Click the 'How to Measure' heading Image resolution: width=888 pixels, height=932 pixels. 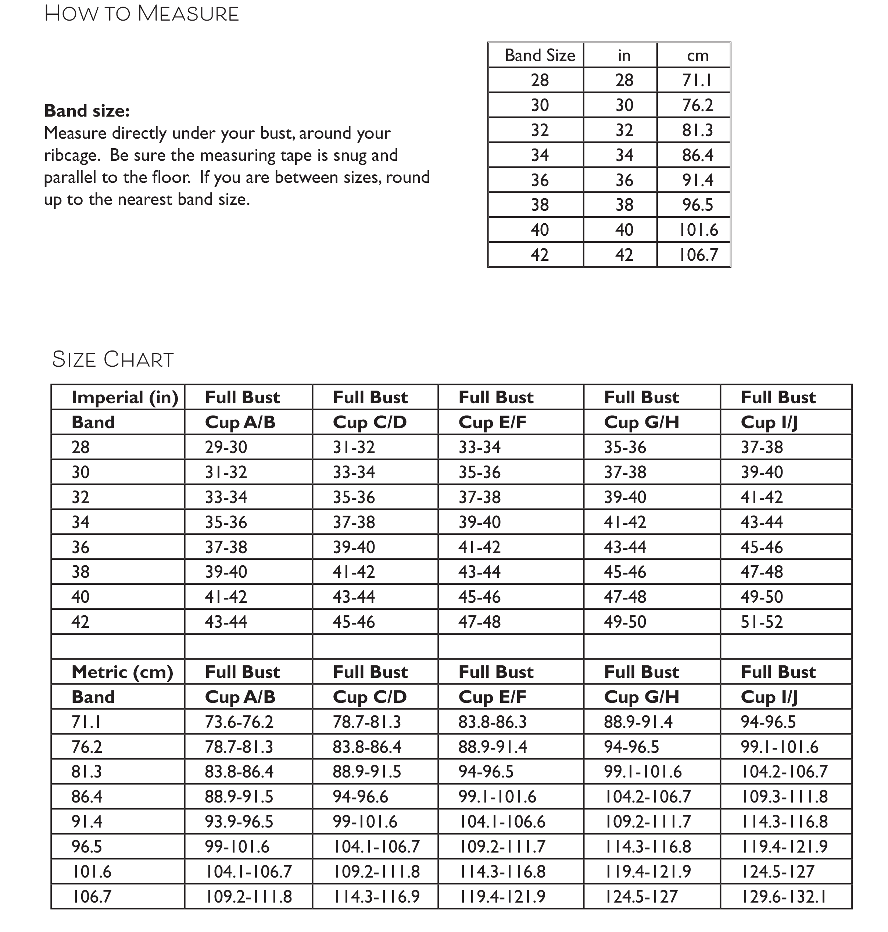tap(142, 14)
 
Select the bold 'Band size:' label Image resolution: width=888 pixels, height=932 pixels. tap(87, 111)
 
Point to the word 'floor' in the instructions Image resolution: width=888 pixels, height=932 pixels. tap(171, 178)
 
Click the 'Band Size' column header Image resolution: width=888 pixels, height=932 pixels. tap(540, 56)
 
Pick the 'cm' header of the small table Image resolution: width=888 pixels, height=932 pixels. tap(697, 56)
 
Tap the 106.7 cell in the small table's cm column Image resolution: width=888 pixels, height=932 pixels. tap(698, 255)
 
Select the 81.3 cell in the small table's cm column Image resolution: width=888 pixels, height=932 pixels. tap(697, 130)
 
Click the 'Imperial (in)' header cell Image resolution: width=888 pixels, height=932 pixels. tap(125, 397)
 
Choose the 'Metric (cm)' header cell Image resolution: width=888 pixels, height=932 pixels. tap(122, 672)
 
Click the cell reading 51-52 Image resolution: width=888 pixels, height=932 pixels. tap(762, 622)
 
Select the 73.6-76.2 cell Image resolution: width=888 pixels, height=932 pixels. tap(239, 722)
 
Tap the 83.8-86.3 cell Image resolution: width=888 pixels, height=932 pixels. tap(492, 722)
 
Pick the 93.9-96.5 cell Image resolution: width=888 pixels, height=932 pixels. tap(239, 822)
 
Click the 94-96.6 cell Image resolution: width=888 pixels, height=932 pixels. tap(360, 797)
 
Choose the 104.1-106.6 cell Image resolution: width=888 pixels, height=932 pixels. tap(502, 822)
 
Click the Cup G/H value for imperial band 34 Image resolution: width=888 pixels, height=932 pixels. tap(625, 522)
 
